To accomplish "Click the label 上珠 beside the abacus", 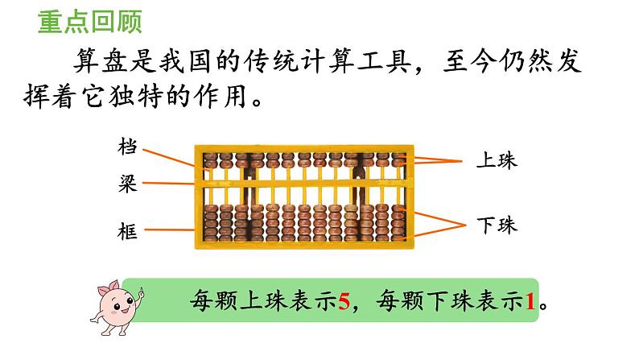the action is click(x=496, y=161).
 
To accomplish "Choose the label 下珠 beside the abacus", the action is click(x=496, y=225).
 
